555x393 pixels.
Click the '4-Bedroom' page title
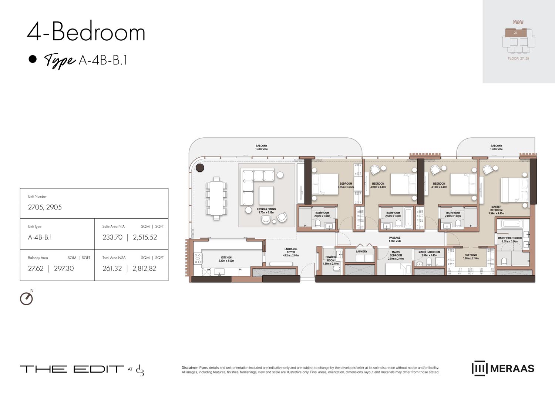click(86, 32)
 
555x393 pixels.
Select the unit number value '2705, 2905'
click(45, 207)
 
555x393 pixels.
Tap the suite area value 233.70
click(112, 237)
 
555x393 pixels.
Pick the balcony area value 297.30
click(64, 268)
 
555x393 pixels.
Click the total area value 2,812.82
click(144, 268)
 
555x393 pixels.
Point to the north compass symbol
click(26, 298)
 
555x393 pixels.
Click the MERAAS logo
click(503, 368)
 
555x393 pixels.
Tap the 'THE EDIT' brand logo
click(72, 369)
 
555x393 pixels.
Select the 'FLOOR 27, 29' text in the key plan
click(518, 58)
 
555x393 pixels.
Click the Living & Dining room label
click(266, 211)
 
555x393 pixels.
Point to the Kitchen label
click(226, 259)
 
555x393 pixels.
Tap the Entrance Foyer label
click(291, 252)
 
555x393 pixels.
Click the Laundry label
click(361, 252)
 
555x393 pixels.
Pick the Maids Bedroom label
click(396, 255)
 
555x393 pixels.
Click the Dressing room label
click(471, 256)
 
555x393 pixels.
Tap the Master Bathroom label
click(509, 239)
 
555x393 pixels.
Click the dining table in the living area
click(216, 198)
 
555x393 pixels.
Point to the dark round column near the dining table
click(200, 168)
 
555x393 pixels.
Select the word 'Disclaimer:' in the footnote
click(190, 367)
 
